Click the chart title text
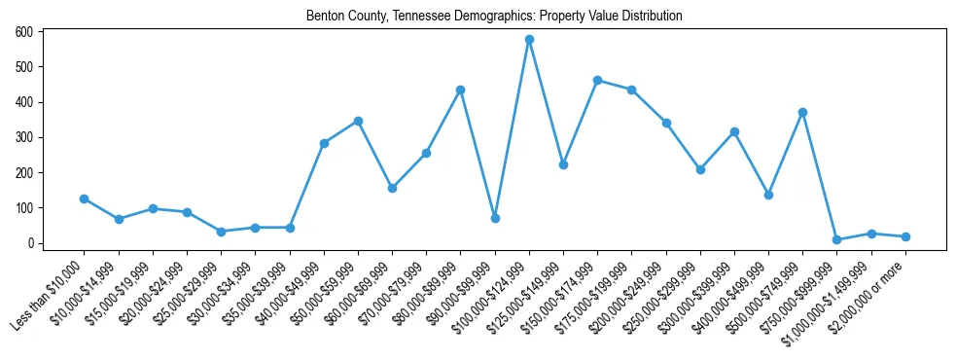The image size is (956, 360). pyautogui.click(x=494, y=17)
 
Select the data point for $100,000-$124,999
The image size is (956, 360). pyautogui.click(x=529, y=40)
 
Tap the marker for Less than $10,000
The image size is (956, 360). pyautogui.click(x=85, y=198)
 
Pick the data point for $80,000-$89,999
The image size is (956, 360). pyautogui.click(x=461, y=90)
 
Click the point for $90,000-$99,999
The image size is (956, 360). pyautogui.click(x=495, y=218)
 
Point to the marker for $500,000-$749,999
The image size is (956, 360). pyautogui.click(x=802, y=112)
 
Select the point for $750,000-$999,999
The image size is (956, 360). pyautogui.click(x=836, y=239)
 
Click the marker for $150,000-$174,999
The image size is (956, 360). pyautogui.click(x=597, y=81)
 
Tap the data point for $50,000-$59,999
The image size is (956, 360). pyautogui.click(x=358, y=121)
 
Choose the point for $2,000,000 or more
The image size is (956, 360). pyautogui.click(x=905, y=236)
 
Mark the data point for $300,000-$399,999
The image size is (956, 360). pyautogui.click(x=734, y=131)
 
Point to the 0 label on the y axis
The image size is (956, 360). pyautogui.click(x=31, y=243)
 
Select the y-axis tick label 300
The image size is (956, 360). pyautogui.click(x=24, y=137)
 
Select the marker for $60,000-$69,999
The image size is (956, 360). pyautogui.click(x=392, y=188)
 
